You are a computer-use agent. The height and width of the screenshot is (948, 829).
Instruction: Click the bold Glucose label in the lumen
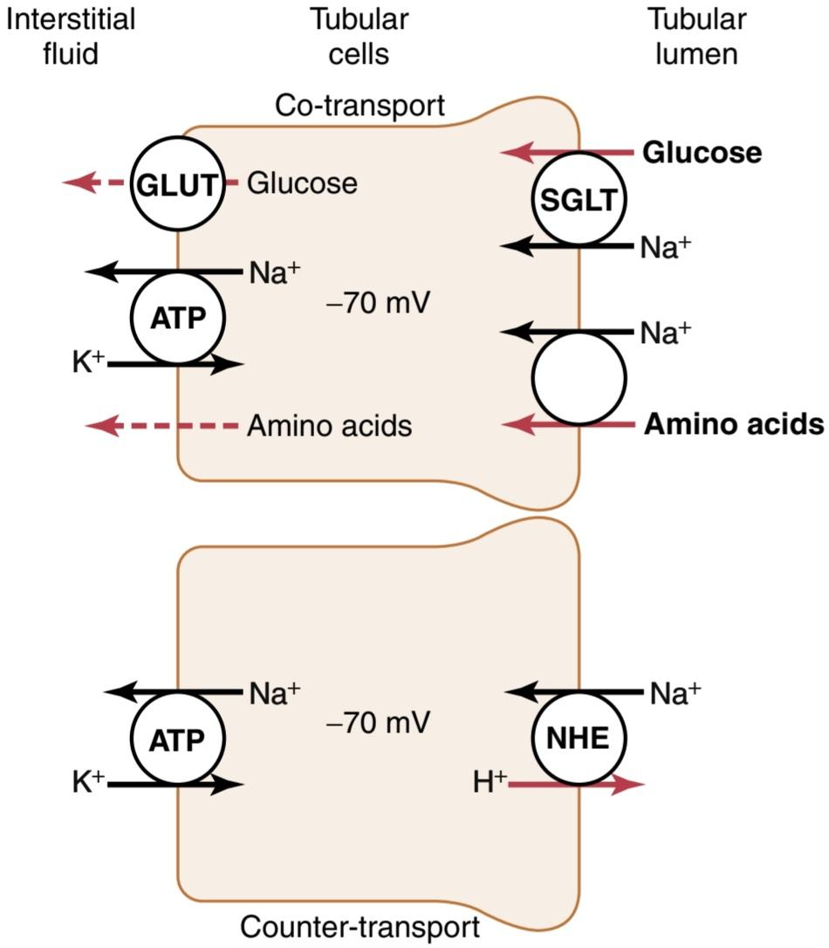pyautogui.click(x=702, y=153)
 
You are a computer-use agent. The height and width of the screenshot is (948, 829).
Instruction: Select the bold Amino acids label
pyautogui.click(x=734, y=424)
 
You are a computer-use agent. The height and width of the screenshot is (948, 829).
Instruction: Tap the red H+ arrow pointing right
pyautogui.click(x=577, y=785)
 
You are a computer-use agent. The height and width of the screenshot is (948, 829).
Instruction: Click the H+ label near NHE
pyautogui.click(x=489, y=782)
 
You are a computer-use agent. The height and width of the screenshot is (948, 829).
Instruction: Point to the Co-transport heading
pyautogui.click(x=360, y=106)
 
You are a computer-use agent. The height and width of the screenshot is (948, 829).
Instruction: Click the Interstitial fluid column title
pyautogui.click(x=71, y=37)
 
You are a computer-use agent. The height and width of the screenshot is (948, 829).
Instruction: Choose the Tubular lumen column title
pyautogui.click(x=696, y=37)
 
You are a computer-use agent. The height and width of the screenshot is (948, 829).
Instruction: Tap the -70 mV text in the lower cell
pyautogui.click(x=378, y=723)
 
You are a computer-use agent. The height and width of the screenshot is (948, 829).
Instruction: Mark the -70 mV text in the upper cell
pyautogui.click(x=378, y=302)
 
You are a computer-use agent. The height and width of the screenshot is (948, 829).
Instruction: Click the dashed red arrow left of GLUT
pyautogui.click(x=97, y=182)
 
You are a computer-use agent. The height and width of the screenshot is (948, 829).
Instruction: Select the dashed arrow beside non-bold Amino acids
pyautogui.click(x=162, y=426)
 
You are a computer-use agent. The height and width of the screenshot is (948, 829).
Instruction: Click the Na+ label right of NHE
pyautogui.click(x=675, y=693)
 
